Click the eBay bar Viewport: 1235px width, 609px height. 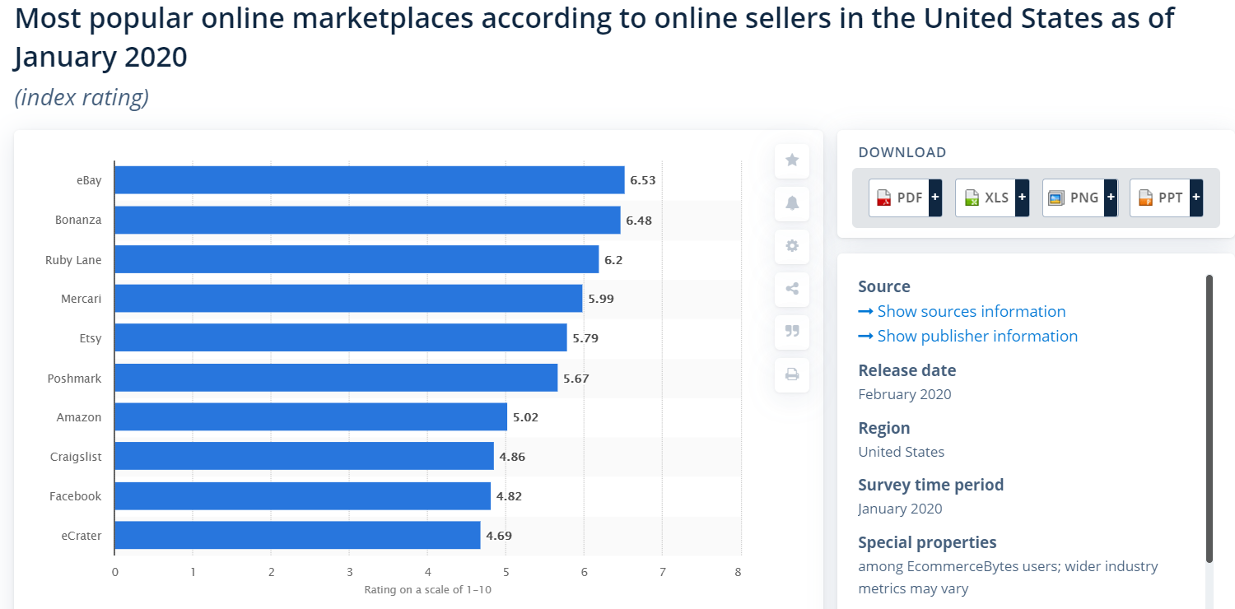(369, 180)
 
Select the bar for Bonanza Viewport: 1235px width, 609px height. (367, 220)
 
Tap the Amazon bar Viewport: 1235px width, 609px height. (310, 417)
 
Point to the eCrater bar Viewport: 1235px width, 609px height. (297, 536)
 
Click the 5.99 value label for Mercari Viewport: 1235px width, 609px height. (600, 299)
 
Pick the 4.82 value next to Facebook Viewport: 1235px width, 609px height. (509, 496)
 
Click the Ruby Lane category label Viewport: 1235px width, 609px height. (73, 260)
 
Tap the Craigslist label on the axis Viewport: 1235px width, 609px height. (76, 457)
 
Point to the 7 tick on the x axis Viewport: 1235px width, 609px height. (662, 572)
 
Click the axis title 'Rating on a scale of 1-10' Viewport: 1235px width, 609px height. (427, 589)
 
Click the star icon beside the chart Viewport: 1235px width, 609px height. (792, 160)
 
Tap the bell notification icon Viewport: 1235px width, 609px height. (792, 203)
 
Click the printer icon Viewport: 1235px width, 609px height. (792, 374)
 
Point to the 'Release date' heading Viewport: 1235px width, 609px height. (906, 370)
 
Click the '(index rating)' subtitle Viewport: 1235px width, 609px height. (82, 98)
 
